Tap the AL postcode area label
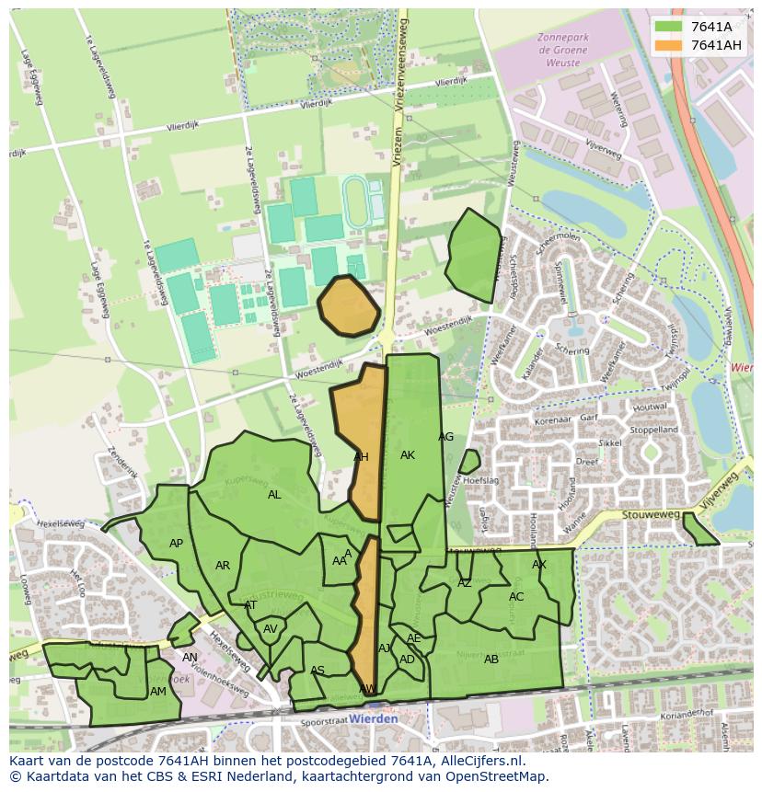[x=274, y=495]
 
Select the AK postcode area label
[x=408, y=455]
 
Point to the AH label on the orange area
[x=361, y=456]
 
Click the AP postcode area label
[x=176, y=544]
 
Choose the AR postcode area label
[x=223, y=566]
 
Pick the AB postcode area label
[x=491, y=660]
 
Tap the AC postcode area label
[x=516, y=597]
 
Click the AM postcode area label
[x=158, y=692]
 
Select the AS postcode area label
[x=317, y=671]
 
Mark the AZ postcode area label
[x=465, y=583]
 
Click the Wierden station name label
[x=374, y=718]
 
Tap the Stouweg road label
[x=643, y=517]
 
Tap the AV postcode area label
[x=271, y=629]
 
